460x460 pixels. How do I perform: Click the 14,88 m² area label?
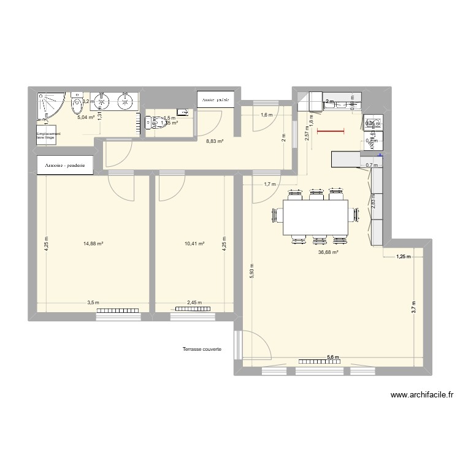tap(93, 243)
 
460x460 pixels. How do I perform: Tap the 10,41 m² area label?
tap(194, 243)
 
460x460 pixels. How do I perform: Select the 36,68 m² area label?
tap(328, 251)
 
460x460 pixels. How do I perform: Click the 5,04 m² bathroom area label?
tap(86, 117)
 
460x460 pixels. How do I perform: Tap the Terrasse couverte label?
tap(202, 350)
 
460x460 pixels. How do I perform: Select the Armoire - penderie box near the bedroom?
tap(66, 166)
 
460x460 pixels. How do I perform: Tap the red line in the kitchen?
tap(331, 131)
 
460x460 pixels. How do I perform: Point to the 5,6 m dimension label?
tap(332, 358)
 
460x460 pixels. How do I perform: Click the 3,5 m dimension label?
tap(93, 302)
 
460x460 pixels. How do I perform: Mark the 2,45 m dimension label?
tap(194, 302)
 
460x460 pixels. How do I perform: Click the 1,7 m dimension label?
tap(270, 183)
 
